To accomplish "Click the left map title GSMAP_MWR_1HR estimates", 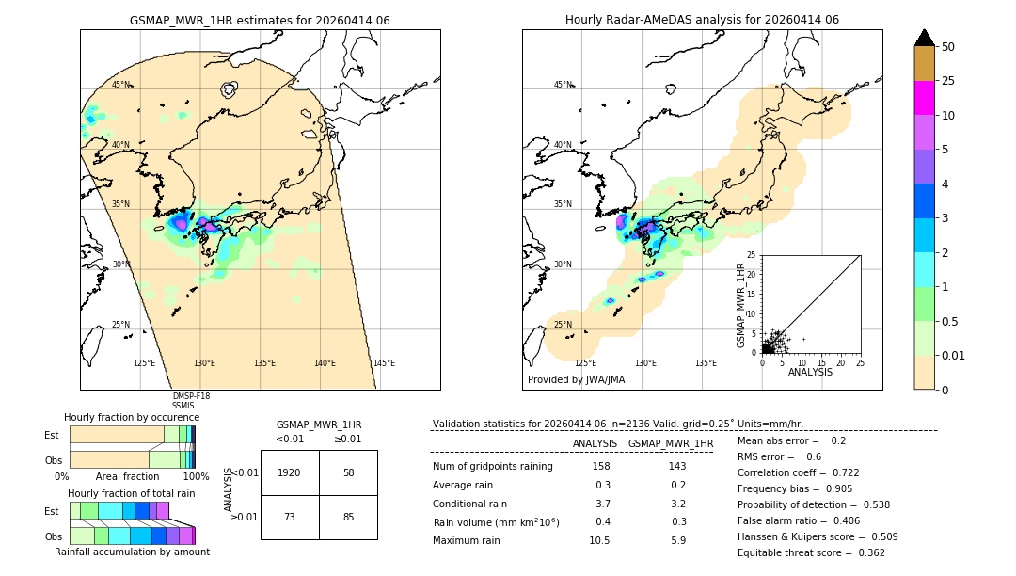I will coord(260,20).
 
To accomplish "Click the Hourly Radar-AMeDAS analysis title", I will coord(702,20).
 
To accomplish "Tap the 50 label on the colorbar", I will coord(948,47).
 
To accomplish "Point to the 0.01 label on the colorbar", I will coord(954,355).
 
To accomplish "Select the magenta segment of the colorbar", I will coord(924,98).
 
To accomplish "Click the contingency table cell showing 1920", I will coord(290,472).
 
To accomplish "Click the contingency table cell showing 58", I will coord(348,472).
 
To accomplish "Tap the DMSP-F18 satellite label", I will coord(191,396).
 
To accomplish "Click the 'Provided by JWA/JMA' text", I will coord(576,380).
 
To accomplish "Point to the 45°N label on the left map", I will coord(121,85).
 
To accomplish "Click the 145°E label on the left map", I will coord(384,363).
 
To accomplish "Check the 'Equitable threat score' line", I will coord(810,552).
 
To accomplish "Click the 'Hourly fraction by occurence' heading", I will coord(132,417).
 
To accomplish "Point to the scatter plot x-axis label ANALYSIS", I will coord(810,372).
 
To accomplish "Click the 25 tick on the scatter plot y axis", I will coord(752,255).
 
